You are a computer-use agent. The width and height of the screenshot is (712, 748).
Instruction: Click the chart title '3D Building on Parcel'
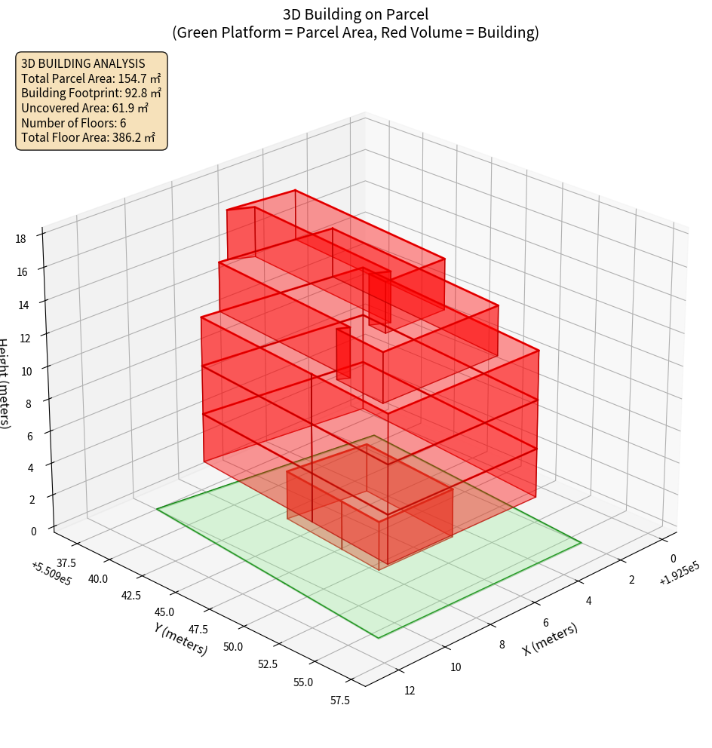pyautogui.click(x=355, y=14)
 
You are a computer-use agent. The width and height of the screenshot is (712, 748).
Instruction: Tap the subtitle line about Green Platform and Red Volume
pyautogui.click(x=355, y=32)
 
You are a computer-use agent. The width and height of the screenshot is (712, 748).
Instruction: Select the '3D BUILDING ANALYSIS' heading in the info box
pyautogui.click(x=83, y=63)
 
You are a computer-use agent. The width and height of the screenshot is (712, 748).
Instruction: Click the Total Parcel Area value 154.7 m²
pyautogui.click(x=140, y=78)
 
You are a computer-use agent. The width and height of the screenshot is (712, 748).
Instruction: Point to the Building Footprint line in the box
pyautogui.click(x=91, y=93)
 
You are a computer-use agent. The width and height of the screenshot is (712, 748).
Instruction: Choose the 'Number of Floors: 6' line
pyautogui.click(x=73, y=123)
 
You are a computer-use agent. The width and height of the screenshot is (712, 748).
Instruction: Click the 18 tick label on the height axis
pyautogui.click(x=21, y=239)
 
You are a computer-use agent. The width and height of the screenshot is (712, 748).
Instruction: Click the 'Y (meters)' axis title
pyautogui.click(x=181, y=639)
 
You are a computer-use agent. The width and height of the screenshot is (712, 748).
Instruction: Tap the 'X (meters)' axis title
pyautogui.click(x=550, y=639)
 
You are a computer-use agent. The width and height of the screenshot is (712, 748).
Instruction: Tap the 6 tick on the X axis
pyautogui.click(x=546, y=623)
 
